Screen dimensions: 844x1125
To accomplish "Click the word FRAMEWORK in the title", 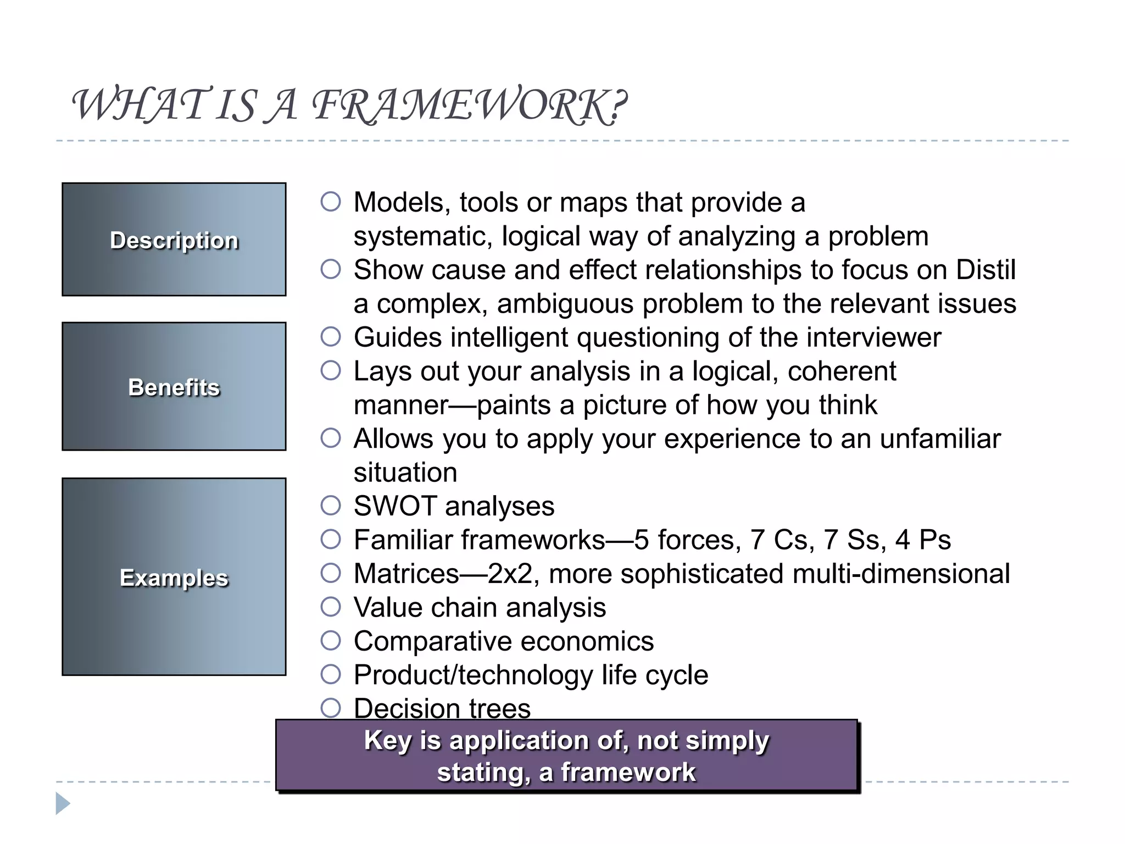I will click(x=470, y=105).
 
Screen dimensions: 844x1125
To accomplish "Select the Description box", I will click(x=174, y=240).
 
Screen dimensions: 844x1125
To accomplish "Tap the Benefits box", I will click(x=174, y=386).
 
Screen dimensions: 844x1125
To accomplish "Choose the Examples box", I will click(x=174, y=577).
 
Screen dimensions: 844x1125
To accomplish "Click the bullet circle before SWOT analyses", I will click(x=331, y=506).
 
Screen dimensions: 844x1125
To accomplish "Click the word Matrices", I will click(x=406, y=574).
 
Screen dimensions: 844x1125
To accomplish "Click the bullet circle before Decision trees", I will click(x=331, y=708).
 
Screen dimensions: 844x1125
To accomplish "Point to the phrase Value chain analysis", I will click(x=480, y=608).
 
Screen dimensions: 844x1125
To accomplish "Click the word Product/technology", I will click(x=473, y=675).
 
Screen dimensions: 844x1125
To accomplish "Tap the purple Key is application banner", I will click(x=566, y=756).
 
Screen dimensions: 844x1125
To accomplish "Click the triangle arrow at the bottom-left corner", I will click(x=62, y=803).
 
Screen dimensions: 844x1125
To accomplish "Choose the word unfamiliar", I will click(x=940, y=439).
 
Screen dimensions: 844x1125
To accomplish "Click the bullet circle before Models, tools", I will click(x=331, y=202).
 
